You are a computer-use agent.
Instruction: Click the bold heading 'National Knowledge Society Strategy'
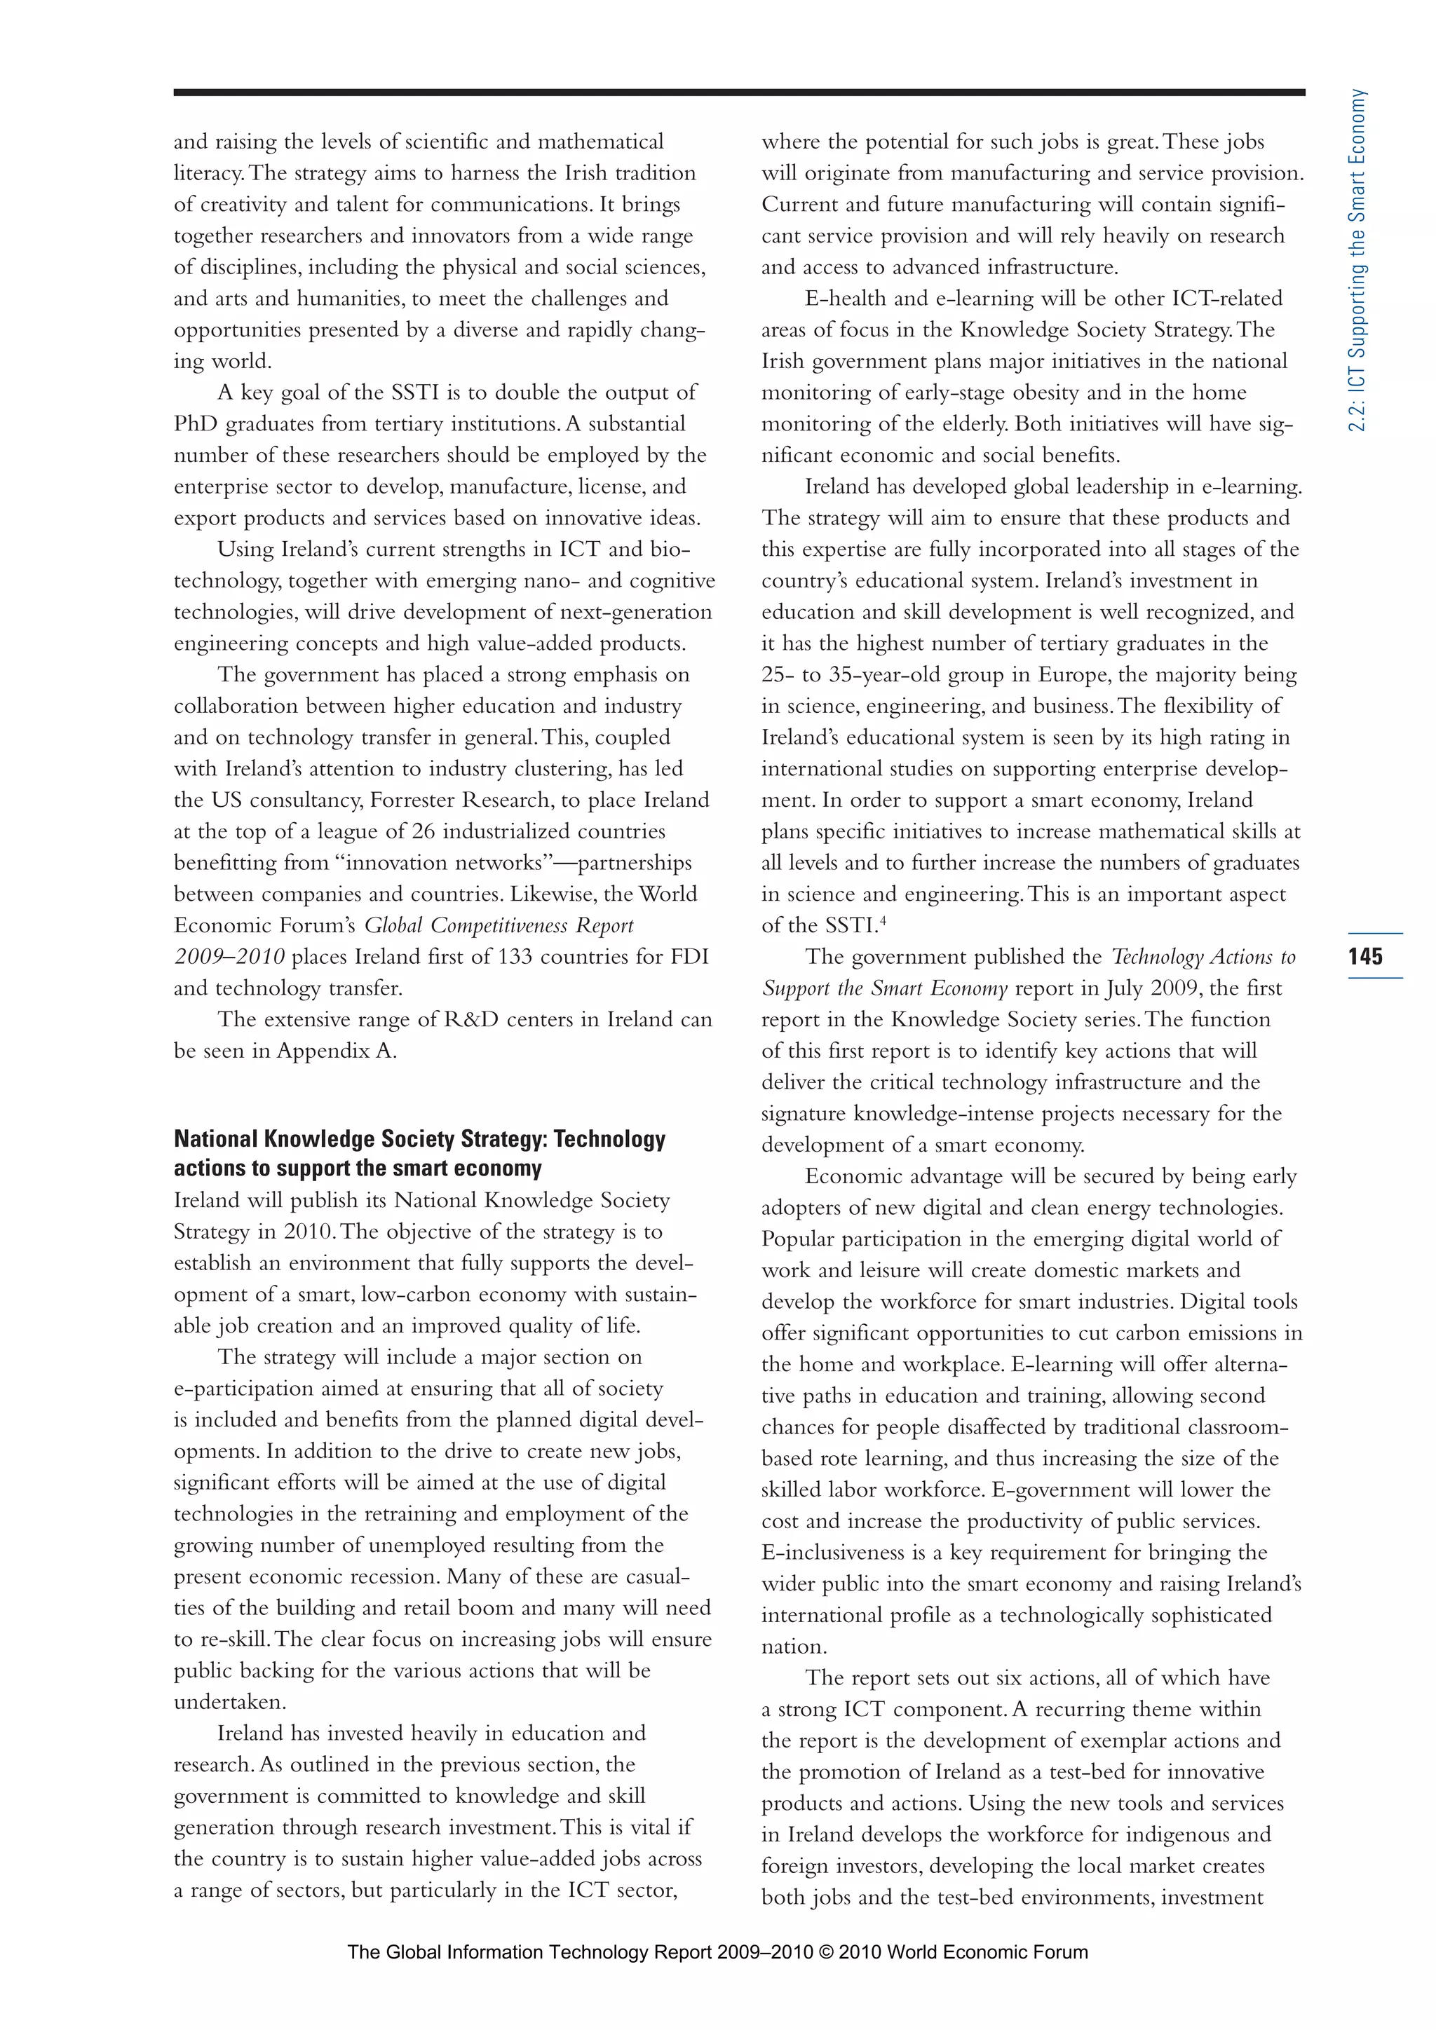(419, 1139)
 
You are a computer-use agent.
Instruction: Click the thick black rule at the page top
(739, 92)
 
